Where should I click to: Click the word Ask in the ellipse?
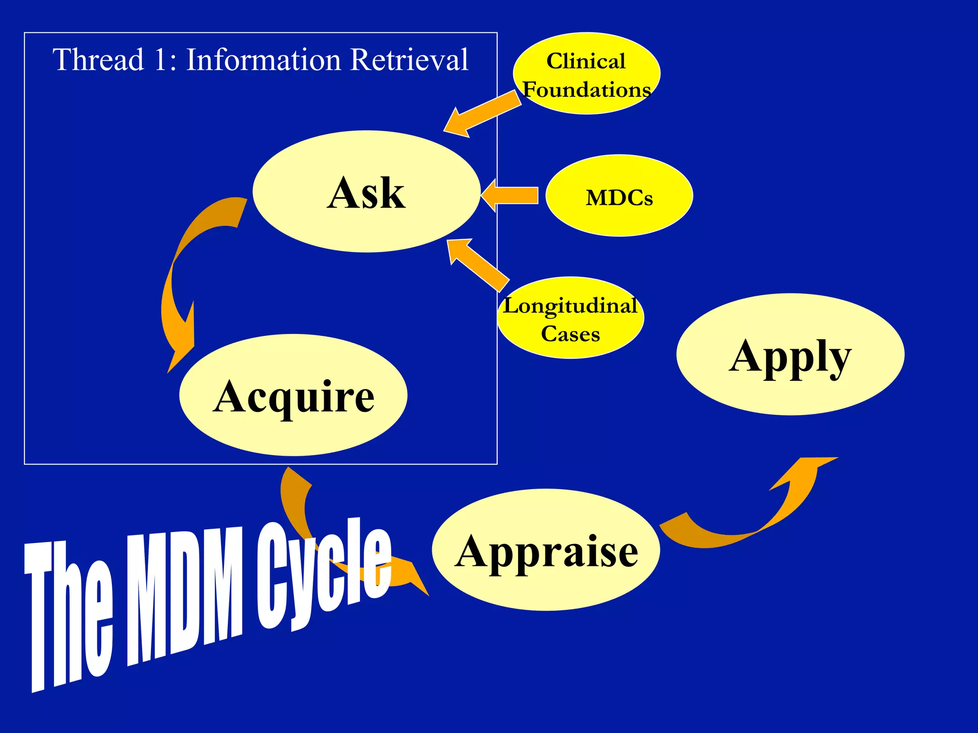tap(366, 193)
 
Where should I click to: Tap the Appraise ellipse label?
tap(546, 551)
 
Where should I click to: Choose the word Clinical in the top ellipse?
tap(586, 61)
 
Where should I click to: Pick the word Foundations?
tap(587, 90)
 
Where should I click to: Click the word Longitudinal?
tap(570, 306)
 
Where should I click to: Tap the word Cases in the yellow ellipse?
tap(570, 334)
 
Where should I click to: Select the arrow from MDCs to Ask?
tap(511, 195)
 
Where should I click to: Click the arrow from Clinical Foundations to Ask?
tap(482, 115)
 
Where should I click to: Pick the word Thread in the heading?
tap(98, 60)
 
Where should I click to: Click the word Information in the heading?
tap(263, 60)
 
